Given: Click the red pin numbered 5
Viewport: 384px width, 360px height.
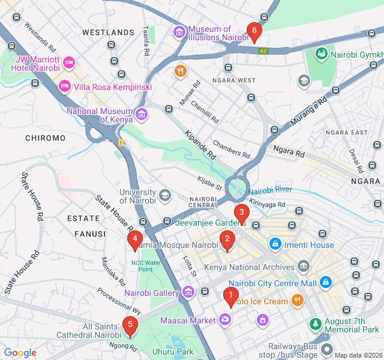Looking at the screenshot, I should (129, 326).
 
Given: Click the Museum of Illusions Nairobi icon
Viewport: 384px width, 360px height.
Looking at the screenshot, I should (179, 31).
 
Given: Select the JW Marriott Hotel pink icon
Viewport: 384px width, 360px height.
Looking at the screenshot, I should (68, 61).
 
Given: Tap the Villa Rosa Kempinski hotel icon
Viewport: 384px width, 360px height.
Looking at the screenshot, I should (64, 87).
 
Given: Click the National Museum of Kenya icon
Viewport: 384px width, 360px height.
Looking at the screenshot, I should (141, 113).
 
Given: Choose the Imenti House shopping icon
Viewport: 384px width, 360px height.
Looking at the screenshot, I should (275, 244).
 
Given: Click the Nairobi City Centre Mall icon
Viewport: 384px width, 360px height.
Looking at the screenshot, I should (325, 281).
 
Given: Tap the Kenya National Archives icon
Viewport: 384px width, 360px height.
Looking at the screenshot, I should (303, 265).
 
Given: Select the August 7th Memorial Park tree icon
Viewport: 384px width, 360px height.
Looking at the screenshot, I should (314, 325).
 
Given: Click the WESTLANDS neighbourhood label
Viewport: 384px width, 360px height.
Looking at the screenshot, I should (108, 32).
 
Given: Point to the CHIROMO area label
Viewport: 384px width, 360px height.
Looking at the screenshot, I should (45, 138).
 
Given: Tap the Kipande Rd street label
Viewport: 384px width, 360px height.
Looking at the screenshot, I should (200, 144).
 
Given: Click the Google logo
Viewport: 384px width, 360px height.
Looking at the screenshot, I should (20, 353).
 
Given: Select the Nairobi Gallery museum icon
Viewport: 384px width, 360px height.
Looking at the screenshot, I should (188, 292).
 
